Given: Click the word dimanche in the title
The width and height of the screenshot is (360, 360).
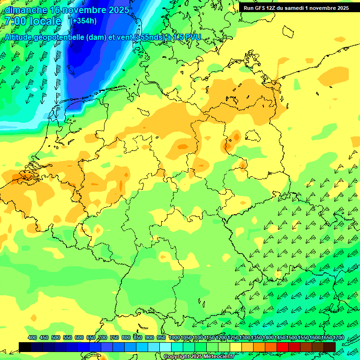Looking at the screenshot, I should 26,10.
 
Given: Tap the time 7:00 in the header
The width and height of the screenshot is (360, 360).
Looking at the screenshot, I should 16,21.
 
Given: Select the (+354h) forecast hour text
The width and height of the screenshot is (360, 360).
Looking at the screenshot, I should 83,21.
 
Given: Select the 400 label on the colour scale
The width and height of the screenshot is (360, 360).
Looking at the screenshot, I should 32,337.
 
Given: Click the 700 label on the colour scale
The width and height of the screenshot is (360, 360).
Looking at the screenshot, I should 103,337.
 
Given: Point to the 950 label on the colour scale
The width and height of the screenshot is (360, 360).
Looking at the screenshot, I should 161,337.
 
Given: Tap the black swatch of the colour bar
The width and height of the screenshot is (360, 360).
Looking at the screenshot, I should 25,346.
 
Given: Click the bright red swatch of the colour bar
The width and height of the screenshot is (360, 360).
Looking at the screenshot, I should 283,346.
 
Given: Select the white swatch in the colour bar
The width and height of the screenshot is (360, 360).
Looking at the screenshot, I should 165,346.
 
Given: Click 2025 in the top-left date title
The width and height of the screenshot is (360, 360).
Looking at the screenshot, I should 119,10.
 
